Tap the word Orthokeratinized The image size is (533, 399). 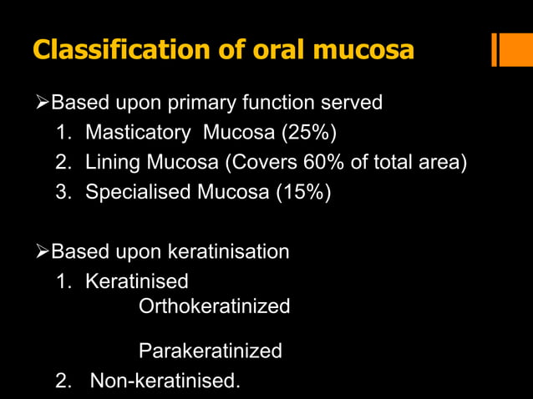(x=214, y=306)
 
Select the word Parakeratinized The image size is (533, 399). (x=210, y=351)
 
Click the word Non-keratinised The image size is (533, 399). (x=165, y=381)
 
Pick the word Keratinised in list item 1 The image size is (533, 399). (x=137, y=280)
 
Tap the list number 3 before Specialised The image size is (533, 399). (x=62, y=192)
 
